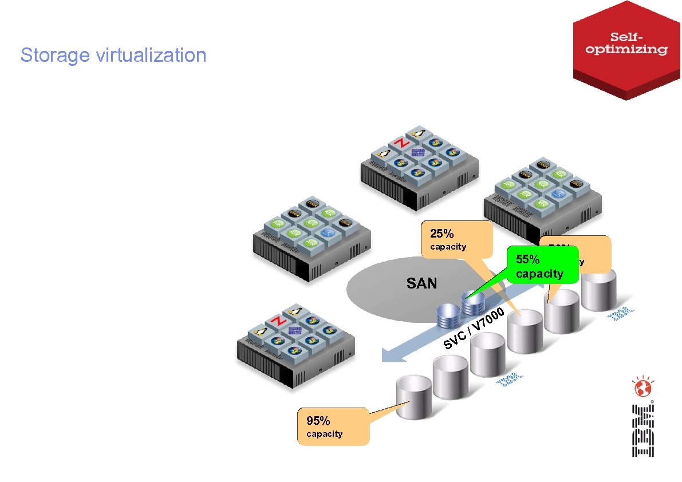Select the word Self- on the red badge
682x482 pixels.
pyautogui.click(x=627, y=35)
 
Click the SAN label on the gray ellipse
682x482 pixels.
pyautogui.click(x=421, y=282)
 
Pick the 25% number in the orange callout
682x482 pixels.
pyautogui.click(x=441, y=234)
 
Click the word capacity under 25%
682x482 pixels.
pyautogui.click(x=448, y=247)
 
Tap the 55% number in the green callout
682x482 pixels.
pyautogui.click(x=527, y=259)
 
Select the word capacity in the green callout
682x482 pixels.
pyautogui.click(x=539, y=273)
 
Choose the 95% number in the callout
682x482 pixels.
pyautogui.click(x=318, y=421)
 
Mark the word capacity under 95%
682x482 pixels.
pyautogui.click(x=324, y=434)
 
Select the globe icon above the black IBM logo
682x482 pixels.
pyautogui.click(x=642, y=388)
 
